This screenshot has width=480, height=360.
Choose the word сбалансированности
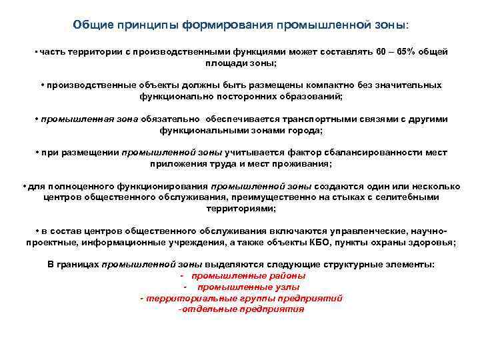coord(356,153)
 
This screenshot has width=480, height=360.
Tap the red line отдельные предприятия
coord(241,309)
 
